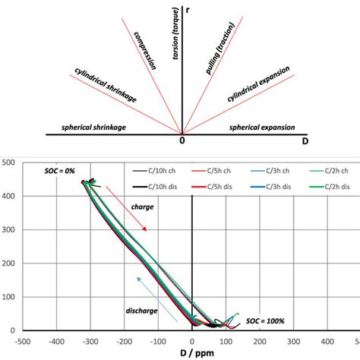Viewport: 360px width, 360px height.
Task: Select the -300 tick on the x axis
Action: point(90,341)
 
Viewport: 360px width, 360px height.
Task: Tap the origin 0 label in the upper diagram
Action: point(182,141)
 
